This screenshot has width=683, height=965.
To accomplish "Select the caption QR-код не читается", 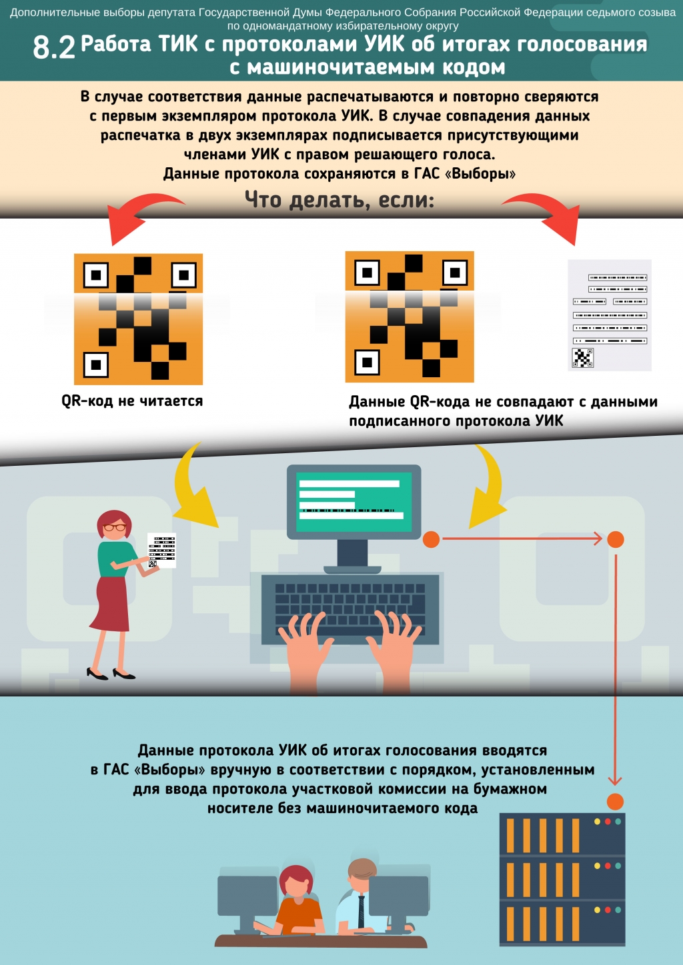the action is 132,401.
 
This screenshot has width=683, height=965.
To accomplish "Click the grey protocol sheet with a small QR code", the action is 609,315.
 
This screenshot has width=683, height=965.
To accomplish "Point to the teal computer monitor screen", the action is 354,501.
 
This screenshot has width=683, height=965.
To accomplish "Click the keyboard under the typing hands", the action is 350,608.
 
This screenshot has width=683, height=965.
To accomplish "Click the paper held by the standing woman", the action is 161,550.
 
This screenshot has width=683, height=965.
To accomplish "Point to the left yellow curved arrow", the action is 194,486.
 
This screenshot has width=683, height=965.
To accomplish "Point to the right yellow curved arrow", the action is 488,486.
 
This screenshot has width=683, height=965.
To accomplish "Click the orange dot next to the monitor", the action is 431,539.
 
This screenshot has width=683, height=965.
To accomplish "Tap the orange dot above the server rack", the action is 616,802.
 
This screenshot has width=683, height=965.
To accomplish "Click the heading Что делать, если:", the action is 339,200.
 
